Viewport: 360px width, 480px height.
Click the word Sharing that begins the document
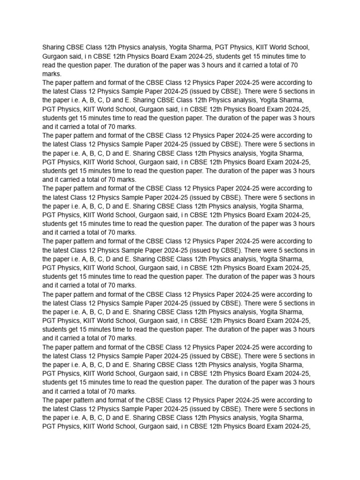tap(55, 47)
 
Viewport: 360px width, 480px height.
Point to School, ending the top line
tap(298, 47)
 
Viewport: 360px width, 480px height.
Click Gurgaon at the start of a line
tap(56, 56)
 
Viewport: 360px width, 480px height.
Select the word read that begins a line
tap(50, 65)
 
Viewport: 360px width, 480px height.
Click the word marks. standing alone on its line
tap(52, 74)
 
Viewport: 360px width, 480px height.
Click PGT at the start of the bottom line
tap(50, 427)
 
